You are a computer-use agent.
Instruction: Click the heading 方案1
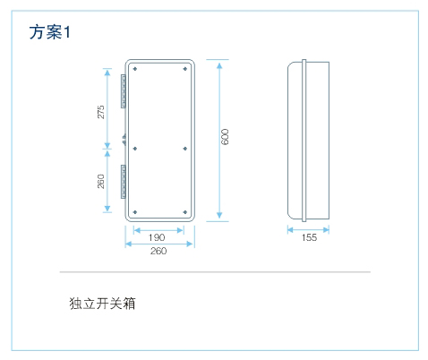[x=50, y=32]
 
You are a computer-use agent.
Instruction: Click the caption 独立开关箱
[x=102, y=304]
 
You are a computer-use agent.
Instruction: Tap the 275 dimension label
[x=101, y=112]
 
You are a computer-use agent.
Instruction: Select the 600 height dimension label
[x=225, y=137]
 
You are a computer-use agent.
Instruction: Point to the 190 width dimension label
[x=157, y=237]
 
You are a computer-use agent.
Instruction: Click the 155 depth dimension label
[x=309, y=237]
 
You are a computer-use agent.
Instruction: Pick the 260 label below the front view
[x=158, y=251]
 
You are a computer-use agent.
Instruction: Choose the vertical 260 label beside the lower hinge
[x=101, y=181]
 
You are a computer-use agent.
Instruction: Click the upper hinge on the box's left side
[x=123, y=91]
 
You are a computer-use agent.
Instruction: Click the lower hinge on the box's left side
[x=123, y=182]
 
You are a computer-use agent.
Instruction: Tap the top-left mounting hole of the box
[x=135, y=69]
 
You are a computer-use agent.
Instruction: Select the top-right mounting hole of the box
[x=185, y=69]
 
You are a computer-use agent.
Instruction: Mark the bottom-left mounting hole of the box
[x=135, y=212]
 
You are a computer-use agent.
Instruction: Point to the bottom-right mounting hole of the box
[x=185, y=212]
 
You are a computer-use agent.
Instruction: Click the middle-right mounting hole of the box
[x=185, y=149]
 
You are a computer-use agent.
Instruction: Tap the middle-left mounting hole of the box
[x=135, y=149]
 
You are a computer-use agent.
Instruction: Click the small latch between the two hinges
[x=124, y=140]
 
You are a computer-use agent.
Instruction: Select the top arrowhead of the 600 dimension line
[x=219, y=65]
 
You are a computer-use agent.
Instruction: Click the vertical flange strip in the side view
[x=304, y=141]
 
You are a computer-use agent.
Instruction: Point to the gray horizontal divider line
[x=215, y=272]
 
